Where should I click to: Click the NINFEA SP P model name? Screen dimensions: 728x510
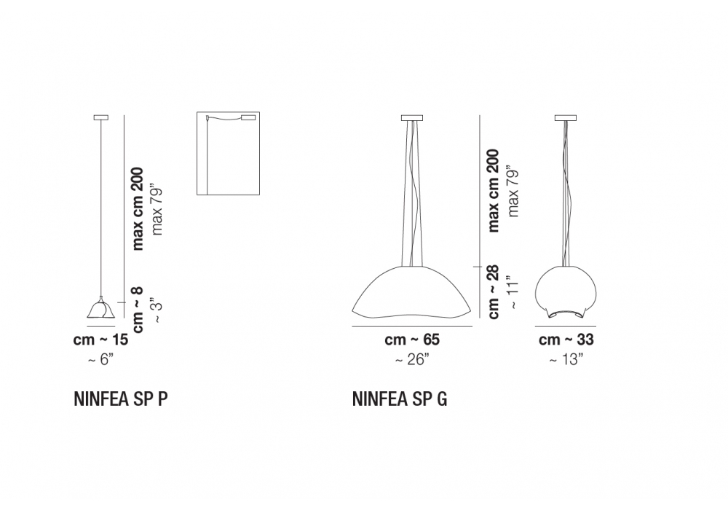tap(120, 399)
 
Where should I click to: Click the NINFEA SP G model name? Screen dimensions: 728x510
tap(400, 399)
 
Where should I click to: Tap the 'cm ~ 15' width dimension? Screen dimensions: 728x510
tap(100, 340)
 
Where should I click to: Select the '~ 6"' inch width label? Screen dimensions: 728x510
tap(100, 359)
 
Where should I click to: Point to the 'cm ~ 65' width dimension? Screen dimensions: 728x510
tap(412, 340)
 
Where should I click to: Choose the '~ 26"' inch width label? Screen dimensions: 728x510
tap(412, 359)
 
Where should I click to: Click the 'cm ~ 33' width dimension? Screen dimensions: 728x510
tap(566, 340)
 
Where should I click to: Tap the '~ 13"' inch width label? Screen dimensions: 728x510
tap(566, 359)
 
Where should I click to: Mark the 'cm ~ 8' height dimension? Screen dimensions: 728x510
tap(138, 310)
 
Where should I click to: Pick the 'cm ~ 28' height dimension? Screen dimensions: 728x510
tap(493, 291)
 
